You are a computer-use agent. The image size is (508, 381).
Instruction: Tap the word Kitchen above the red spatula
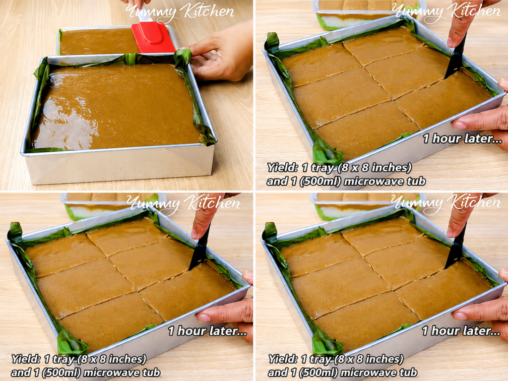point(207,11)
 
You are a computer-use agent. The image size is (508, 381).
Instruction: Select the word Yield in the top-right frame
point(282,168)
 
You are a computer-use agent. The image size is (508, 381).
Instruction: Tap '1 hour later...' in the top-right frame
point(463,139)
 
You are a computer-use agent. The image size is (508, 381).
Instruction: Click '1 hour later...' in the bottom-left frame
point(208,331)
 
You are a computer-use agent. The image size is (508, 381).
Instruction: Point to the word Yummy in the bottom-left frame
point(152,204)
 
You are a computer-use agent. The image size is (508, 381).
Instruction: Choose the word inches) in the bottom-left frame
point(127,360)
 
